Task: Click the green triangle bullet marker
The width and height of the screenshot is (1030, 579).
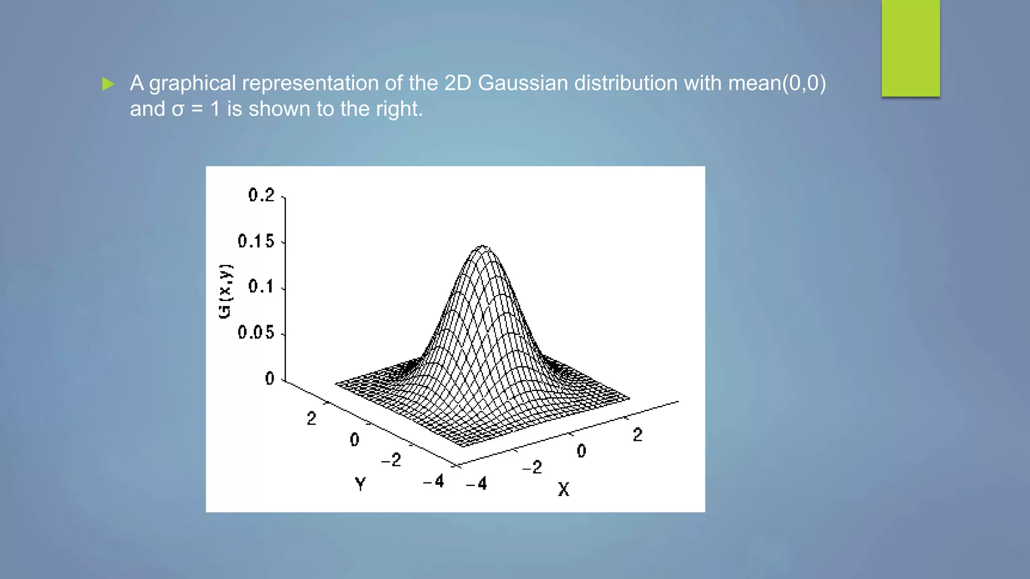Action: click(108, 84)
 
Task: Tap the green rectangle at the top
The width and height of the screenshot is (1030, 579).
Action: click(910, 48)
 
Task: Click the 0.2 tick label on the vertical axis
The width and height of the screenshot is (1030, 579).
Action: click(262, 195)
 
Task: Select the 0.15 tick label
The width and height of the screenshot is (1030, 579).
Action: click(256, 241)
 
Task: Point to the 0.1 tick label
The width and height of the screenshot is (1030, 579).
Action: click(261, 287)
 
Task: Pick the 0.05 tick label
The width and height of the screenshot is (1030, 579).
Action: click(256, 333)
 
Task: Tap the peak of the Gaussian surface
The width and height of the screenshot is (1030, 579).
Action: click(483, 247)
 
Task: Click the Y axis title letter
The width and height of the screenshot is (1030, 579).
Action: click(360, 485)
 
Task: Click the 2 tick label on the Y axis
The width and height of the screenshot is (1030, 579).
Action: click(312, 419)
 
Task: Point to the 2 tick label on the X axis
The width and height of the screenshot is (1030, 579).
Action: click(638, 435)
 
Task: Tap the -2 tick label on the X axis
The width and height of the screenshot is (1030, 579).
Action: click(533, 467)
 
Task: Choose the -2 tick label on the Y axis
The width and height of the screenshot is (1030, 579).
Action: click(391, 460)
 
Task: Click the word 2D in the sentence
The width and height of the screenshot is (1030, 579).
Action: click(458, 83)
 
